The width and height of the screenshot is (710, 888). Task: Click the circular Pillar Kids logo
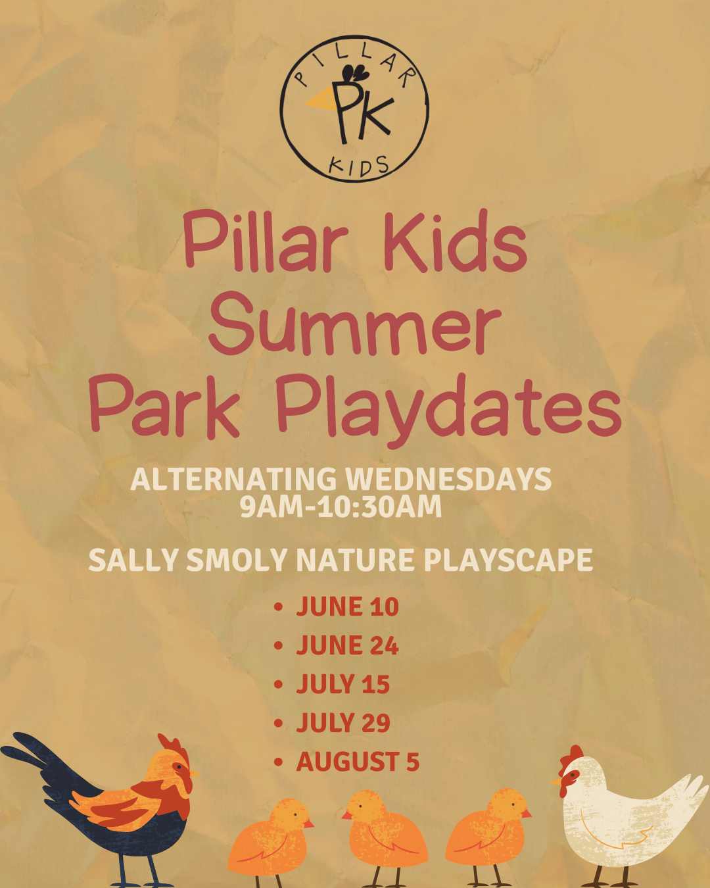pos(354,109)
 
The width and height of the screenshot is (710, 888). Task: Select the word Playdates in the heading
pos(448,408)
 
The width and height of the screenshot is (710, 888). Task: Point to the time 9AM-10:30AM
pos(341,506)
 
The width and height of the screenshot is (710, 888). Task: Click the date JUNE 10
pos(347,606)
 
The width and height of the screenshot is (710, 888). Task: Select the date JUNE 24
pos(347,645)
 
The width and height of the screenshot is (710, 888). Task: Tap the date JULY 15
pos(343,684)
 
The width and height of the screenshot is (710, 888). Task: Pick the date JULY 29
pos(343,723)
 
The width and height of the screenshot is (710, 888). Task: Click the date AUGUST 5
pos(358,762)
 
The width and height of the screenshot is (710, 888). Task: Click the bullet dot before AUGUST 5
pos(279,762)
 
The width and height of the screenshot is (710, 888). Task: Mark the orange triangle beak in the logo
pos(320,101)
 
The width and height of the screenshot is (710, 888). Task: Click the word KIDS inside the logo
pos(358,167)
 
